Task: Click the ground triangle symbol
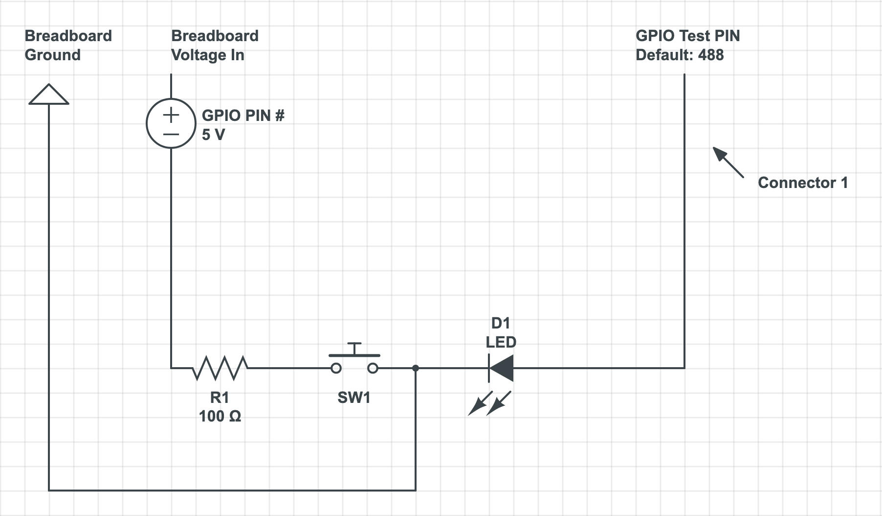[x=49, y=95]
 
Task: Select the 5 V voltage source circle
[x=171, y=123]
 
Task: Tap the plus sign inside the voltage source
[x=171, y=116]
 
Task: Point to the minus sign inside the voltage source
[x=171, y=134]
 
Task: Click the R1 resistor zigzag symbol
[x=220, y=368]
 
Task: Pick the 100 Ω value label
[x=220, y=416]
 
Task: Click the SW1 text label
[x=354, y=398]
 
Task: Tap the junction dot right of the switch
[x=415, y=368]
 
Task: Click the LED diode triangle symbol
[x=501, y=368]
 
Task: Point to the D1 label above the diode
[x=500, y=323]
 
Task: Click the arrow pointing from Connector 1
[x=728, y=162]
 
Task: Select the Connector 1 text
[x=802, y=183]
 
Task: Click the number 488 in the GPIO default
[x=711, y=55]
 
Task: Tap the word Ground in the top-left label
[x=53, y=55]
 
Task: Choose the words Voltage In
[x=208, y=55]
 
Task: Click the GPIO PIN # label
[x=243, y=116]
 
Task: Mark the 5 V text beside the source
[x=213, y=135]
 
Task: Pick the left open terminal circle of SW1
[x=336, y=368]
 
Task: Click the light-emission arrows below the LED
[x=489, y=403]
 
